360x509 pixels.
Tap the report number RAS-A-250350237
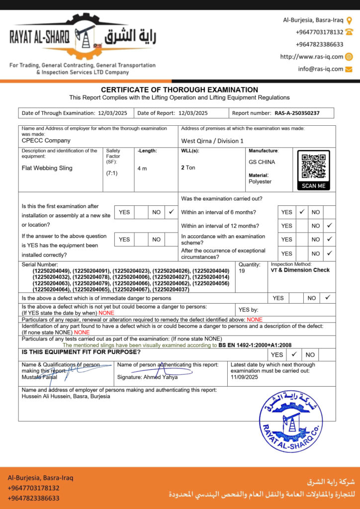pyautogui.click(x=297, y=113)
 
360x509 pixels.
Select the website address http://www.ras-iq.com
pyautogui.click(x=312, y=57)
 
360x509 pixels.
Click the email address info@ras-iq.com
pyautogui.click(x=321, y=69)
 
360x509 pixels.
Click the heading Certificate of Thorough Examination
pyautogui.click(x=180, y=89)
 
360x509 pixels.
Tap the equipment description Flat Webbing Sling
pyautogui.click(x=47, y=168)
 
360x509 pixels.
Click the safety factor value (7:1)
pyautogui.click(x=111, y=173)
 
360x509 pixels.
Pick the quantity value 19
pyautogui.click(x=242, y=271)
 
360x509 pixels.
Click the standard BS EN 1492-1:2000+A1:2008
pyautogui.click(x=255, y=344)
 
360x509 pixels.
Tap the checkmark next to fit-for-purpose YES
pyautogui.click(x=294, y=354)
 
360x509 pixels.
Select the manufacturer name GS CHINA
pyautogui.click(x=262, y=162)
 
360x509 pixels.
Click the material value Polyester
pyautogui.click(x=260, y=181)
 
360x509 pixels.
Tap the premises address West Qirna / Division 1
pyautogui.click(x=212, y=141)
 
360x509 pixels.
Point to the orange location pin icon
pyautogui.click(x=349, y=20)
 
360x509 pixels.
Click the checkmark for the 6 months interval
pyautogui.click(x=302, y=212)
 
